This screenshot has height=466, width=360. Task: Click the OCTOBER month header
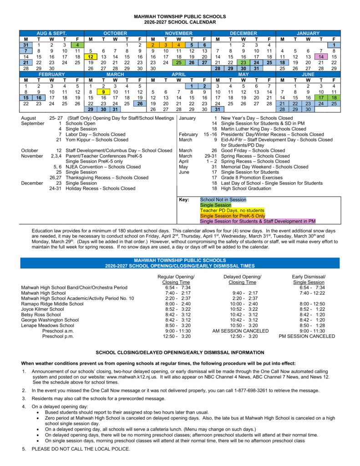(116, 33)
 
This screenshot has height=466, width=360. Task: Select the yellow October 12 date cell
(91, 56)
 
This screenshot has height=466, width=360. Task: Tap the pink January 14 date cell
(321, 56)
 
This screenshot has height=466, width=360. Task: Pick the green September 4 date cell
(78, 45)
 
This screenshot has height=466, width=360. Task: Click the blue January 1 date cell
(334, 45)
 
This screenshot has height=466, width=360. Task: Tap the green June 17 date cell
(321, 97)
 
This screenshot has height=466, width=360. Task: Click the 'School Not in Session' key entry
(223, 200)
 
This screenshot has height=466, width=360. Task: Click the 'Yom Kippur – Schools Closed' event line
(97, 140)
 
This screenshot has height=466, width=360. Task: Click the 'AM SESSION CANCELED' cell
(240, 331)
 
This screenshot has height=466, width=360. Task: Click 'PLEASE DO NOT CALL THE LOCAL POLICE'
(81, 449)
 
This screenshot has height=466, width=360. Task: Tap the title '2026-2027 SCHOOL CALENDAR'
(180, 22)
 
